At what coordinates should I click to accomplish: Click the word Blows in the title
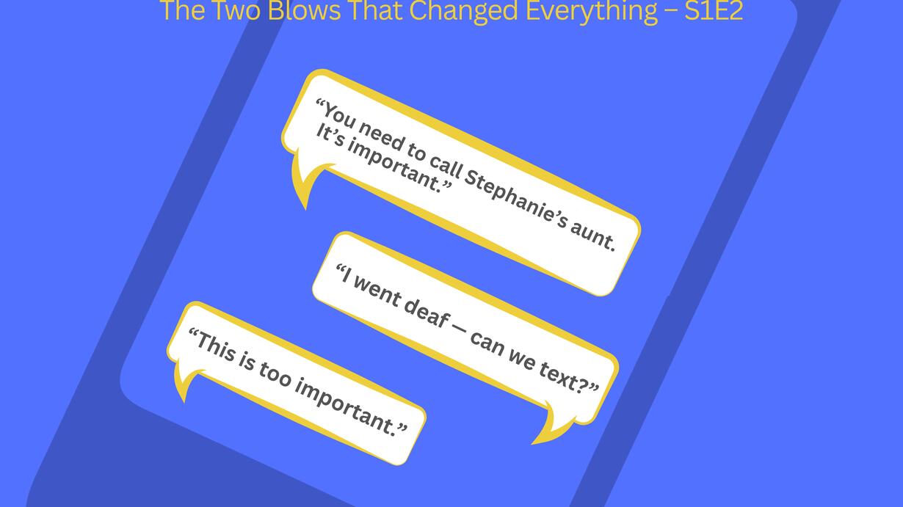[304, 11]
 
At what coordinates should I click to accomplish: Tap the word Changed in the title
[463, 12]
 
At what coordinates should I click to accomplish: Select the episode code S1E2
[714, 11]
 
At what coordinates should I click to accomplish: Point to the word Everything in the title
[592, 12]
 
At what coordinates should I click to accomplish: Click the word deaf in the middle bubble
[426, 312]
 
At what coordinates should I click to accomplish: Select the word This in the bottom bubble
[213, 346]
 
